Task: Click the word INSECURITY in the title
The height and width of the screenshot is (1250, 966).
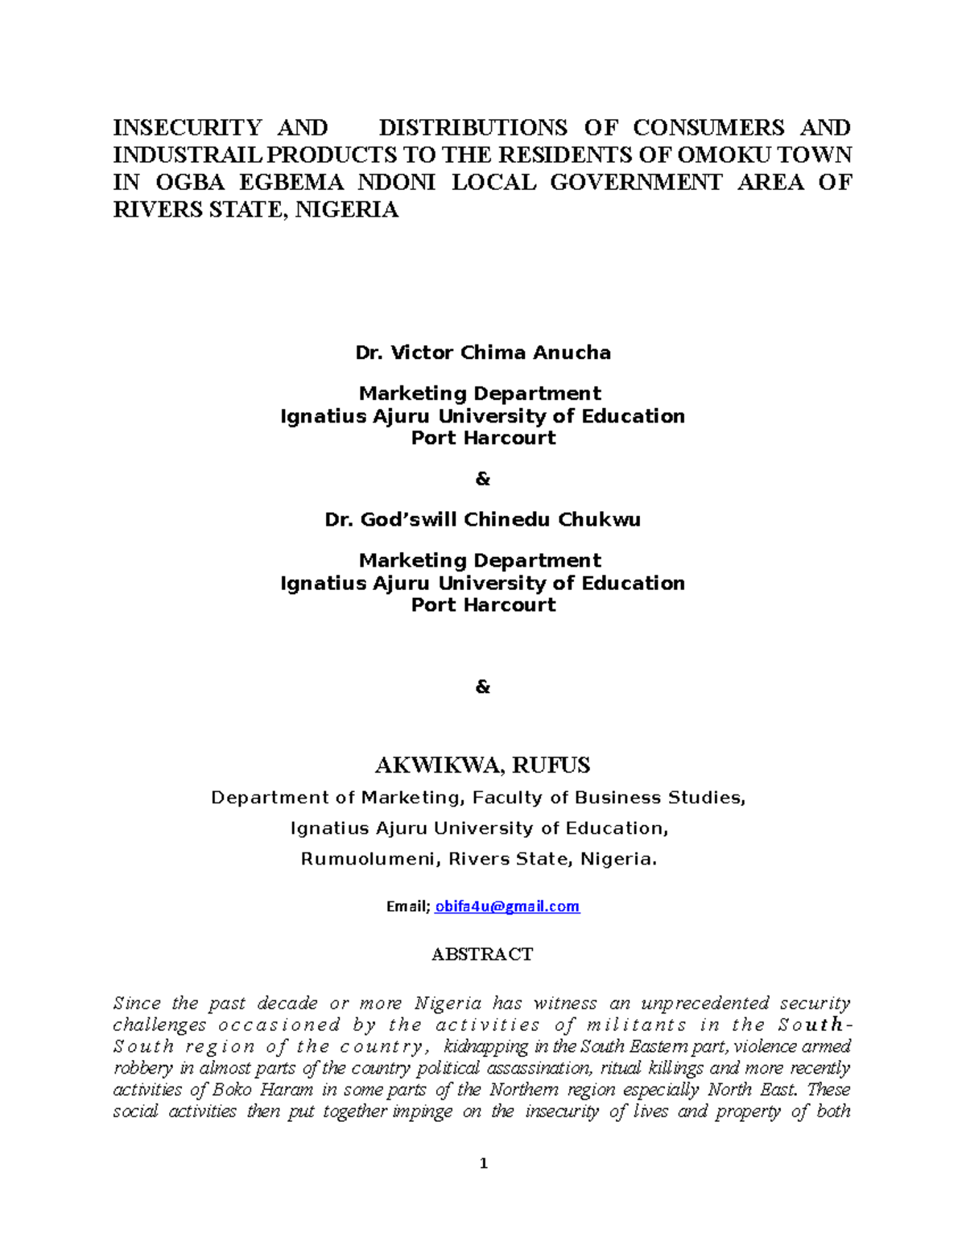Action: tap(187, 128)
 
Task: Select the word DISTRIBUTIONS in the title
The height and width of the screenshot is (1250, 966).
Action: tap(473, 128)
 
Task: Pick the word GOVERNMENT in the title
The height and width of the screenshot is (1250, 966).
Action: tap(636, 183)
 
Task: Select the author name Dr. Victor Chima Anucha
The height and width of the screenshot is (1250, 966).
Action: tap(483, 353)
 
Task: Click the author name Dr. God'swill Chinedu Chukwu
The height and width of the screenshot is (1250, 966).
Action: tap(483, 520)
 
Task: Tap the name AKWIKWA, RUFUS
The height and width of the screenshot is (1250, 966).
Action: tap(483, 765)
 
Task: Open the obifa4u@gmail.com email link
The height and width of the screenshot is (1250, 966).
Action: tap(507, 906)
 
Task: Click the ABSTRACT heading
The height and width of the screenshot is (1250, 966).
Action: tap(482, 955)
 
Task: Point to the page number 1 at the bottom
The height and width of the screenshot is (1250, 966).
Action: tap(483, 1163)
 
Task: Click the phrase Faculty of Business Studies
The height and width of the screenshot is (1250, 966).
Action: tap(609, 798)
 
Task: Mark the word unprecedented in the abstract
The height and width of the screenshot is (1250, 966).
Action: tap(705, 1004)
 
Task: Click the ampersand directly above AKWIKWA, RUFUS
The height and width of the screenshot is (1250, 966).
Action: tap(483, 687)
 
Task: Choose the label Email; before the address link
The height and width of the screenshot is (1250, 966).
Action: tap(408, 906)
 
